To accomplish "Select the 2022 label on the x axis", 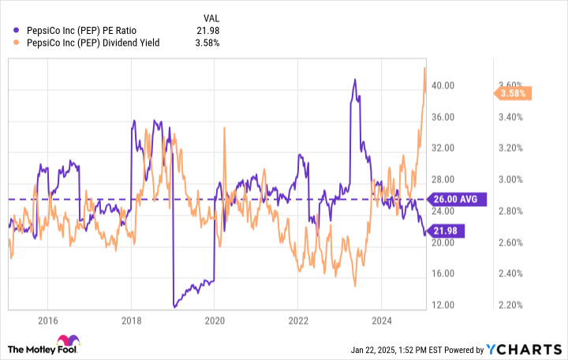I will pyautogui.click(x=297, y=320).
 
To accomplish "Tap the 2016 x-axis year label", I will pyautogui.click(x=47, y=320).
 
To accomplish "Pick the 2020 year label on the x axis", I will pyautogui.click(x=214, y=320).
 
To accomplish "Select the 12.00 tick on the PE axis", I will pyautogui.click(x=443, y=305).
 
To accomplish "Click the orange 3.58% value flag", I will pyautogui.click(x=514, y=94).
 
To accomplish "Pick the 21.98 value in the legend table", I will pyautogui.click(x=207, y=30).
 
